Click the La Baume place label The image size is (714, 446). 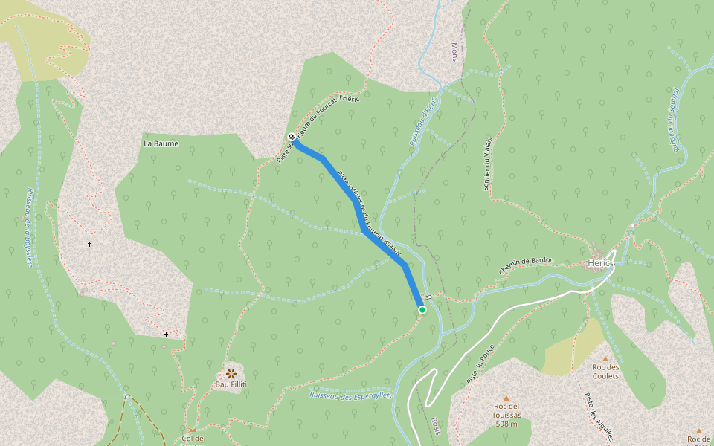[161, 143]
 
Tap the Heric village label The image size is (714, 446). [599, 263]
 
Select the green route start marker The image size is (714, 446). [422, 310]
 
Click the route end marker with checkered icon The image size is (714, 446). [290, 137]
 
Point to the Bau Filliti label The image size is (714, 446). [231, 384]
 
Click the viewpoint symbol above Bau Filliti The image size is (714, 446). [231, 372]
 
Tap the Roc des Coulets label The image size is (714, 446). [605, 371]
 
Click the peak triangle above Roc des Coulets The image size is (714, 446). [605, 358]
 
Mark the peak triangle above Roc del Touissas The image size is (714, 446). [507, 398]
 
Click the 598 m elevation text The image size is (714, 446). [507, 424]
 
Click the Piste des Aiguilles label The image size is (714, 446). [599, 417]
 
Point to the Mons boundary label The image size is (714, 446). [455, 51]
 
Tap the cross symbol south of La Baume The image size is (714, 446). [90, 244]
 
